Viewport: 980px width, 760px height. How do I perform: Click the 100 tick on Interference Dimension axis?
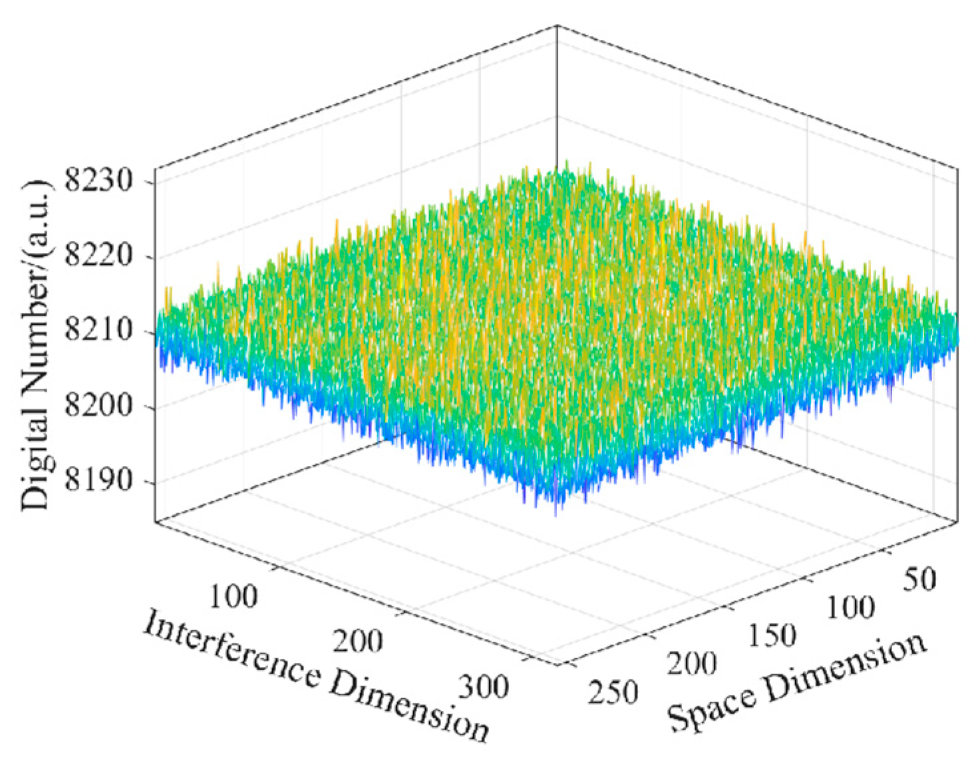[x=233, y=596]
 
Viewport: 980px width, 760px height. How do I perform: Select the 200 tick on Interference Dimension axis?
[x=358, y=641]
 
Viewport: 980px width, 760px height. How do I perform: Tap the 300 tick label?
[x=484, y=686]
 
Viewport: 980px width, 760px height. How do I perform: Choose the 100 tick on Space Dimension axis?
[x=850, y=608]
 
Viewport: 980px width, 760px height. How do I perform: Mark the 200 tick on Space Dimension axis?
[x=692, y=664]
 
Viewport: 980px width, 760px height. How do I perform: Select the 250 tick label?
[x=613, y=692]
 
